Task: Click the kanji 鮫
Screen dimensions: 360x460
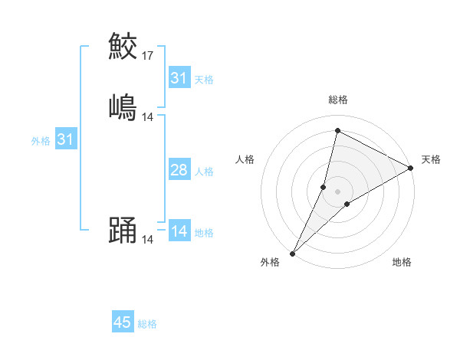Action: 123,46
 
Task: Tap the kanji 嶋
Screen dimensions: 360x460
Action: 123,107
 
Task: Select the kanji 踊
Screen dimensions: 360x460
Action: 123,231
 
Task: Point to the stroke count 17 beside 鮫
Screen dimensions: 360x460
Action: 148,56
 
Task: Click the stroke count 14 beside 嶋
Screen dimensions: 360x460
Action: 148,117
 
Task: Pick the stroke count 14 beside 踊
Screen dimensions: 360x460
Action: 148,240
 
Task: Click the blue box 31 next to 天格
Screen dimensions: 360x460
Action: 179,78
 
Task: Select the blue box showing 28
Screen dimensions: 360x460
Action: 179,170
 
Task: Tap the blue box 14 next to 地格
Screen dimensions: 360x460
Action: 179,231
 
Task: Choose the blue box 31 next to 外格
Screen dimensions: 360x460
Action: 65,139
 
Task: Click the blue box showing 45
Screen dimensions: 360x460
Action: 122,322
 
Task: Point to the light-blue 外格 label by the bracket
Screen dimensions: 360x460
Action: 41,141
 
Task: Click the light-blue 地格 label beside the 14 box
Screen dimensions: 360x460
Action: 204,233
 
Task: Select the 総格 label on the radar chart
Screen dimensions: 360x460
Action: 338,100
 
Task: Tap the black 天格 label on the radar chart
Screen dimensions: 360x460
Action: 431,159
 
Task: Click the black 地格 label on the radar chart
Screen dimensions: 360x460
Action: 402,263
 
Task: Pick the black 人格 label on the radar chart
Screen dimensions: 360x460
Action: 245,159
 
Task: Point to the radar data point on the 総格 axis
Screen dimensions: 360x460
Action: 337,130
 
